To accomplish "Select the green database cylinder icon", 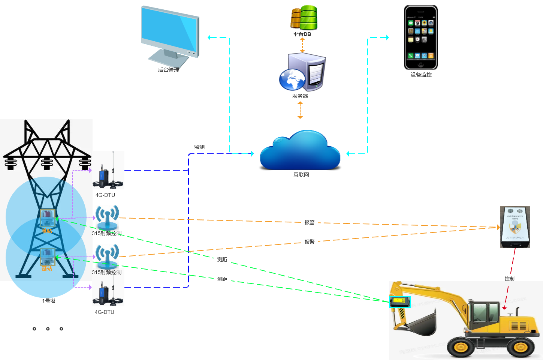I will pyautogui.click(x=308, y=18).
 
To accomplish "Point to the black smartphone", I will pyautogui.click(x=421, y=37).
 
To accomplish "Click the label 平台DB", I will pyautogui.click(x=302, y=34).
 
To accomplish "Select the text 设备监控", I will pyautogui.click(x=421, y=75).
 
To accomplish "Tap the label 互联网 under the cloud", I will pyautogui.click(x=301, y=175).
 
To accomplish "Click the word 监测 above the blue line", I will pyautogui.click(x=199, y=147).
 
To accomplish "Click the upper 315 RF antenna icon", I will pyautogui.click(x=107, y=217).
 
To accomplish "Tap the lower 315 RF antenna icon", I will pyautogui.click(x=107, y=256).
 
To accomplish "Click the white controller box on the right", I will pyautogui.click(x=515, y=227).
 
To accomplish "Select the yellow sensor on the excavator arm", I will pyautogui.click(x=400, y=301).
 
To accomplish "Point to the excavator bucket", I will pyautogui.click(x=422, y=322).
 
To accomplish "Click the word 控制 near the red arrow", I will pyautogui.click(x=509, y=279).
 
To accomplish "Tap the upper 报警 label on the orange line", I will pyautogui.click(x=310, y=222).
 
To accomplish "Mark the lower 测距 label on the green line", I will pyautogui.click(x=222, y=279).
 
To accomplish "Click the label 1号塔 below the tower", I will pyautogui.click(x=49, y=301).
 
